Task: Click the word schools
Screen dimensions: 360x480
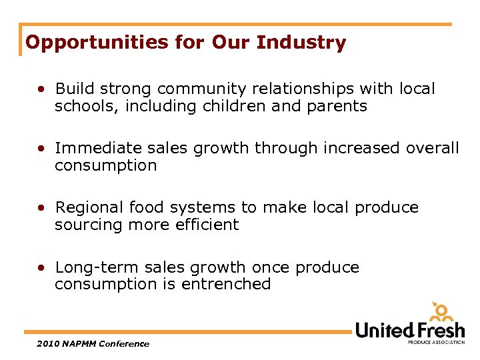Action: pyautogui.click(x=81, y=106)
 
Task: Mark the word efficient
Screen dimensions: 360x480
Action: pyautogui.click(x=207, y=225)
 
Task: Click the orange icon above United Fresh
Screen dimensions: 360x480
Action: pyautogui.click(x=440, y=311)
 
